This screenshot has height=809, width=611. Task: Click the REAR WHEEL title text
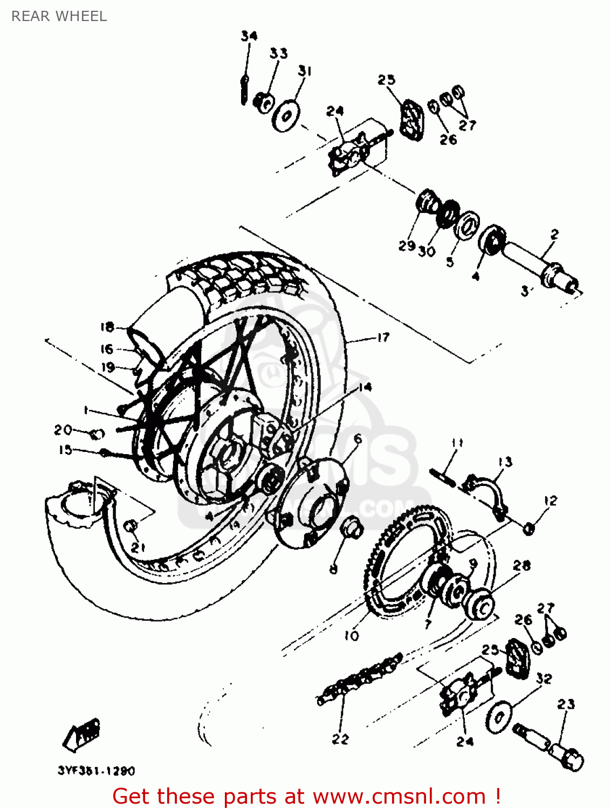[x=59, y=16]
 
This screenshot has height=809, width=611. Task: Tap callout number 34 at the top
[x=249, y=36]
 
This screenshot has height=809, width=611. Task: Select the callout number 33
[x=278, y=53]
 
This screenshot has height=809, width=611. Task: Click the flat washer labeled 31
[x=285, y=115]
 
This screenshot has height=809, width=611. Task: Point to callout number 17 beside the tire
[x=383, y=338]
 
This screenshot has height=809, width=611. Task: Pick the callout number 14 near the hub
[x=365, y=387]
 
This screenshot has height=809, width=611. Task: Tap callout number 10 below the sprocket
[x=351, y=636]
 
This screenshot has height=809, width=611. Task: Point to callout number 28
[x=521, y=565]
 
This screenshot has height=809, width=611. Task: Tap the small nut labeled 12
[x=529, y=528]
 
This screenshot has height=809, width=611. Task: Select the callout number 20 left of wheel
[x=63, y=430]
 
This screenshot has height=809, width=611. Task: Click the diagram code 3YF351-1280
[x=96, y=771]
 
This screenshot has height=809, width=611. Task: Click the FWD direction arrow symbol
[x=83, y=735]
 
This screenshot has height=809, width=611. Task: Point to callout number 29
[x=407, y=246]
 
